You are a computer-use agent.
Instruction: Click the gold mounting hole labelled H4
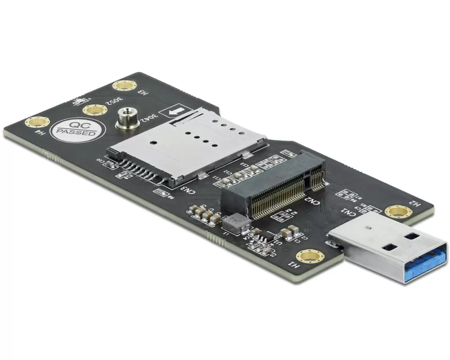click(x=36, y=122)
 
